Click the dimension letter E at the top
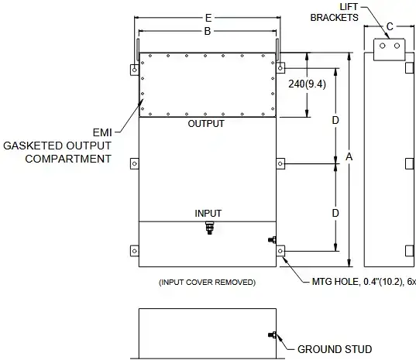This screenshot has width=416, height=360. coord(208,18)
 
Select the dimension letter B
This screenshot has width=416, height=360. coord(208,31)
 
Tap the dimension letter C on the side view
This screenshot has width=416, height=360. coord(390,26)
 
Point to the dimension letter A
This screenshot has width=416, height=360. coord(349,157)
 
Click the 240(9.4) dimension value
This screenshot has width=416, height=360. coord(307,84)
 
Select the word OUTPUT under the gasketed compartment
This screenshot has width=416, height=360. coord(206,124)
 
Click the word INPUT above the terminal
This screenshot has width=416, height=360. coord(208,213)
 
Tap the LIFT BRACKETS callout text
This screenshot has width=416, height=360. coord(335,12)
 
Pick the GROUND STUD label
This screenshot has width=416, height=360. coord(335,349)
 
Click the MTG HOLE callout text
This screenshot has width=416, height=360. coord(364,282)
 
